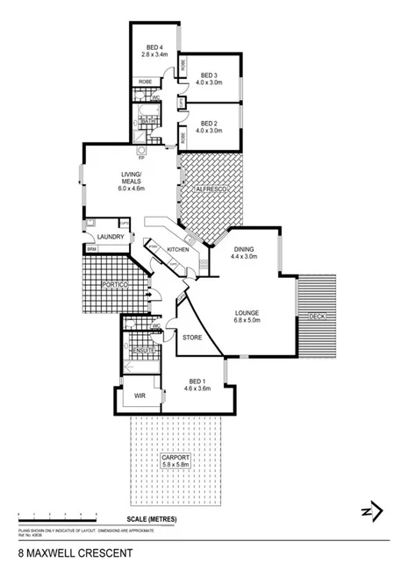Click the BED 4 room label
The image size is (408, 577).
click(x=154, y=47)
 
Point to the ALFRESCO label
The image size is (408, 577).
click(x=211, y=189)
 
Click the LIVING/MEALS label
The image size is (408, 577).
click(x=132, y=178)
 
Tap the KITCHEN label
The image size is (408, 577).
click(x=178, y=251)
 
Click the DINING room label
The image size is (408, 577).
click(x=243, y=248)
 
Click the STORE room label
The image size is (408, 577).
click(x=192, y=337)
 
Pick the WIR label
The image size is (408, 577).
click(x=140, y=396)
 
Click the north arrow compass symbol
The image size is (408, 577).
click(x=371, y=511)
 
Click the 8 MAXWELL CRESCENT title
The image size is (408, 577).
click(x=75, y=554)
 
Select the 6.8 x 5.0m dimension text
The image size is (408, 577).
click(x=248, y=320)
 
